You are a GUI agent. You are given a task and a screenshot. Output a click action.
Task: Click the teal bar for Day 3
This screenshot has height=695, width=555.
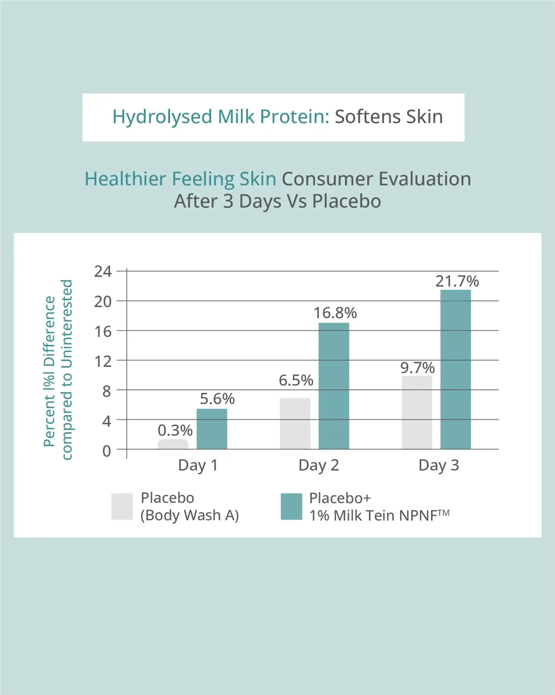[x=455, y=370]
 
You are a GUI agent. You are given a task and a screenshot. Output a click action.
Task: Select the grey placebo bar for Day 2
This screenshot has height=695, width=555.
[x=295, y=424]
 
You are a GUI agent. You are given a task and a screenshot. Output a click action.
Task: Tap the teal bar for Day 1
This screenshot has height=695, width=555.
[x=212, y=429]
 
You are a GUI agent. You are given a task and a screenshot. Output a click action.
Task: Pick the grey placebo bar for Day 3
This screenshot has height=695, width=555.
[x=417, y=413]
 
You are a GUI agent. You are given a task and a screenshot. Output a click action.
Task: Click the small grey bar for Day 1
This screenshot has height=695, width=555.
[x=173, y=444]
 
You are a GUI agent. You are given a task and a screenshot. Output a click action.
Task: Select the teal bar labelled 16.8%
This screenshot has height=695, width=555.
[x=334, y=386]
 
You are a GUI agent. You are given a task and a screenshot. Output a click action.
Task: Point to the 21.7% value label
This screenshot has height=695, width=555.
[x=457, y=281]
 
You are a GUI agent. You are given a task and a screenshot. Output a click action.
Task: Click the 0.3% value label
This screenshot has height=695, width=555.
[x=175, y=430]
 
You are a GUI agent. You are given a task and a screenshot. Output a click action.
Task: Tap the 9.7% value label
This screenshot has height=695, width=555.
[x=417, y=368]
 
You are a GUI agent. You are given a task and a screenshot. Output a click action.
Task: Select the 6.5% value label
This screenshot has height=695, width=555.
[x=296, y=380]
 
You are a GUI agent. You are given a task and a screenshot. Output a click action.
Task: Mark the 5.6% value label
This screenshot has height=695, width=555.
[x=217, y=399]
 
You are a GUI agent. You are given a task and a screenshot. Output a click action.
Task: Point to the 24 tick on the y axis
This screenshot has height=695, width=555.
[x=103, y=271]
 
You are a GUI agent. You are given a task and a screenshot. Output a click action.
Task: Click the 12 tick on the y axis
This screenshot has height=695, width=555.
[x=103, y=361]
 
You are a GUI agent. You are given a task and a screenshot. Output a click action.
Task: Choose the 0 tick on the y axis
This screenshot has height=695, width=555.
[x=107, y=451]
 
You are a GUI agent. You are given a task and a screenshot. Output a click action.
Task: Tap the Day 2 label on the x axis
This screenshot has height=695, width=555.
[x=319, y=466]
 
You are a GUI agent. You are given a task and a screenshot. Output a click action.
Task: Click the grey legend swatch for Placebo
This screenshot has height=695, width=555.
[x=122, y=506]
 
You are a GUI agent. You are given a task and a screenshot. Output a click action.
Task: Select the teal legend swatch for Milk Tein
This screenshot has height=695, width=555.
[x=291, y=506]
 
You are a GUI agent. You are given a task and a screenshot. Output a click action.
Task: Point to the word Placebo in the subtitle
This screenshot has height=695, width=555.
[x=346, y=201]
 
